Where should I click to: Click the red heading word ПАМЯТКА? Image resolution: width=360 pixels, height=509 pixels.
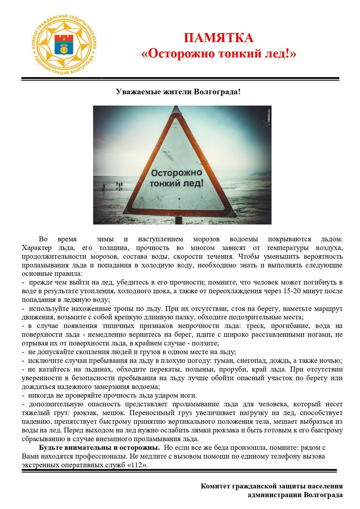218,38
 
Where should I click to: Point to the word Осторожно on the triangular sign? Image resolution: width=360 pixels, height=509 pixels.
176,173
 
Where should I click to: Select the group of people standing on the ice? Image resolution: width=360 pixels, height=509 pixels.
119,185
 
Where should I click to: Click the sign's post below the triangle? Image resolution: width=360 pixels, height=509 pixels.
179,220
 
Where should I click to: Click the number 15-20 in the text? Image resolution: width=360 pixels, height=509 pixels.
293,291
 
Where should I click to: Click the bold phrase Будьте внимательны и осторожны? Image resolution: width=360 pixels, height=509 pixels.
99,448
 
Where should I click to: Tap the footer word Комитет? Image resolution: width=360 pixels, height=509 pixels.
215,486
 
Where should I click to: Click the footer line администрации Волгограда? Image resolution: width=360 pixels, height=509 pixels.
295,495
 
